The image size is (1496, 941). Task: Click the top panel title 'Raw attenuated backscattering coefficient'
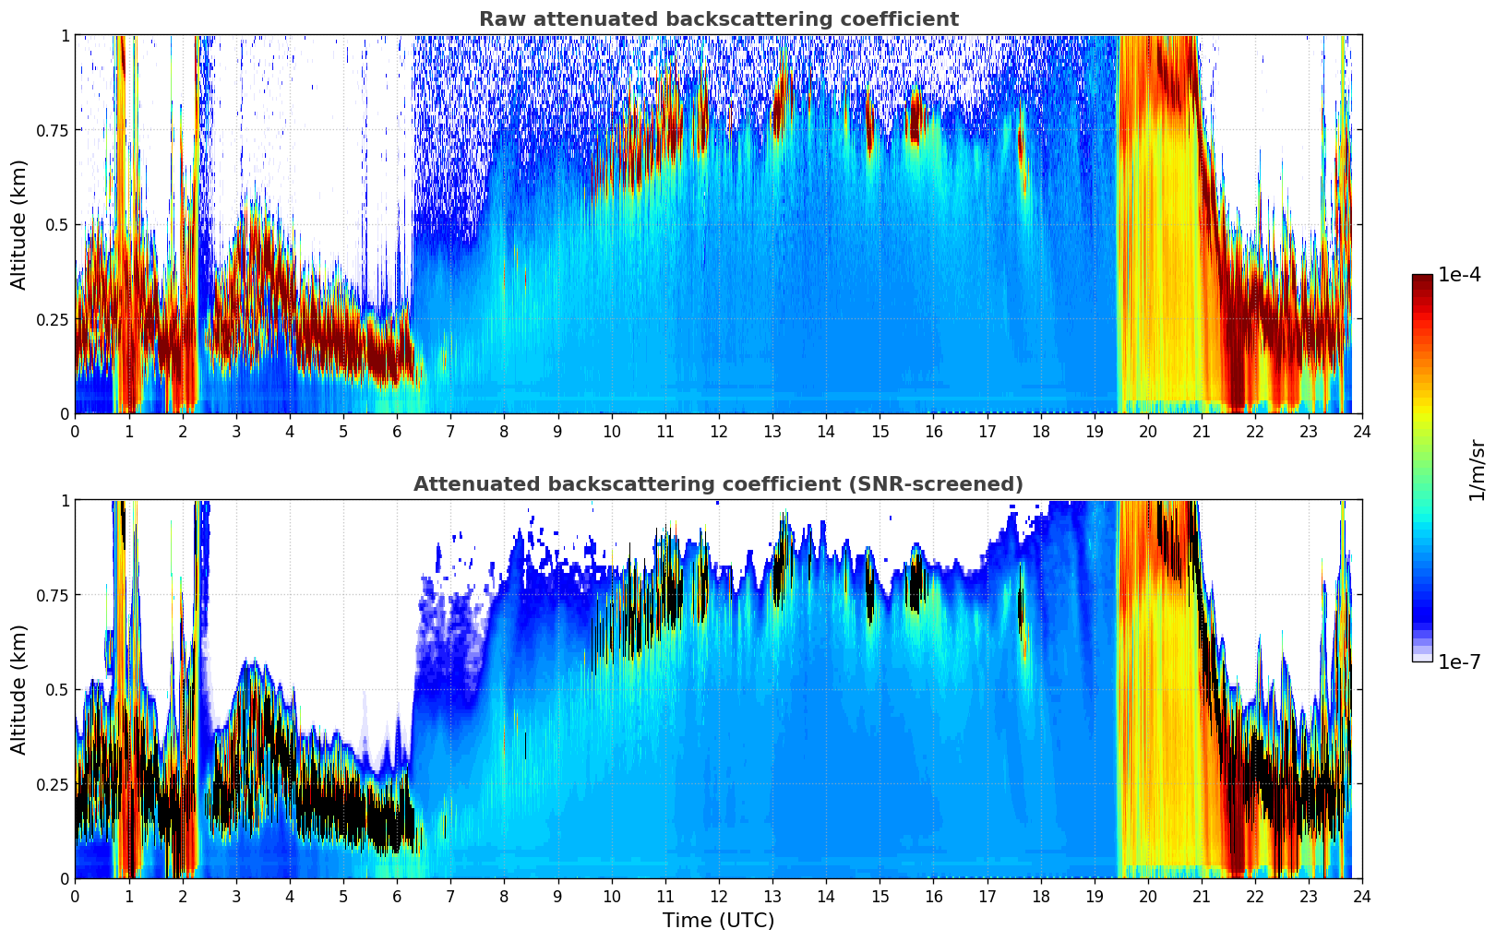coord(718,19)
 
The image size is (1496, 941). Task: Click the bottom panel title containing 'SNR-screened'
coord(718,484)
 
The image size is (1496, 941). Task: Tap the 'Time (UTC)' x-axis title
coord(718,921)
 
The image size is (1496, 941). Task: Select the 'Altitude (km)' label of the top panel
coord(19,224)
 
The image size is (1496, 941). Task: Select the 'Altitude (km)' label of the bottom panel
coord(19,689)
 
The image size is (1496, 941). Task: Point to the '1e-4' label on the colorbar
coord(1459,275)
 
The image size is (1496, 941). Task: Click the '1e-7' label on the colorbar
coord(1459,661)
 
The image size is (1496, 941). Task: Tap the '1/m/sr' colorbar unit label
coord(1477,470)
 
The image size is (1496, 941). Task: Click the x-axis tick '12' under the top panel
coord(719,432)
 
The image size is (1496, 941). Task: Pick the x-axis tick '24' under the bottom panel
coord(1362,897)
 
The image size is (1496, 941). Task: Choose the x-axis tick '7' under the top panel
coord(450,432)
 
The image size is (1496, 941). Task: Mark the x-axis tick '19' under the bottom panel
coord(1094,897)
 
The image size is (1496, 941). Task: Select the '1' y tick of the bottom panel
coord(65,500)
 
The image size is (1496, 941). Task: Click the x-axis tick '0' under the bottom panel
coord(75,897)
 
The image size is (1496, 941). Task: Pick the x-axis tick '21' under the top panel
coord(1202,432)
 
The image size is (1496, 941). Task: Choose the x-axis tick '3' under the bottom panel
coord(236,897)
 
